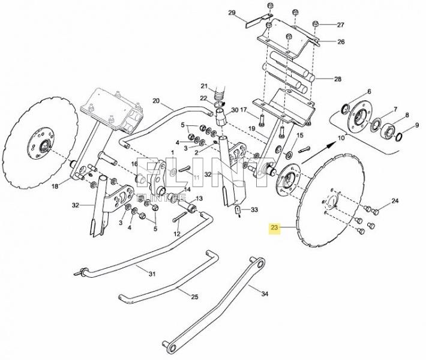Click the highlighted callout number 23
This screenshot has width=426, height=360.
(275, 228)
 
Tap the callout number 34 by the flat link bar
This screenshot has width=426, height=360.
(265, 293)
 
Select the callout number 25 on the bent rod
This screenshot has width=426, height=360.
(194, 297)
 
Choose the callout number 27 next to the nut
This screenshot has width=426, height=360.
(340, 25)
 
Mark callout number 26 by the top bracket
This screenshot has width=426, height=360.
(340, 42)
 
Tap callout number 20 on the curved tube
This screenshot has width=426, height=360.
(157, 101)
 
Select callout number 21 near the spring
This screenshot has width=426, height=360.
(203, 85)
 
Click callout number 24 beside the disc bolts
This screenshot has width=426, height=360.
(395, 200)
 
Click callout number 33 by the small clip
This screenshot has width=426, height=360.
(254, 209)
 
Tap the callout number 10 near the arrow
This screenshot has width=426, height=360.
(342, 138)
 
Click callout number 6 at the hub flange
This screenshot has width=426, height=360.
(368, 91)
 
